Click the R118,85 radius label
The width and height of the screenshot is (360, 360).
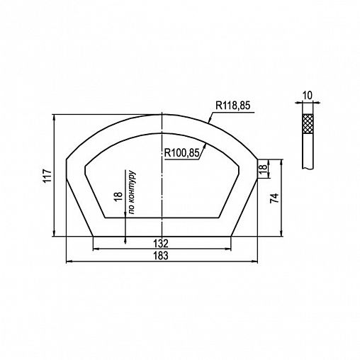tap(232, 106)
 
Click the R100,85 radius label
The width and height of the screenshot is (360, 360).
tap(181, 153)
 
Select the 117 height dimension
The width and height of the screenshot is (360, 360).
tap(47, 176)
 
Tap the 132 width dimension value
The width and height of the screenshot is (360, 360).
tap(161, 243)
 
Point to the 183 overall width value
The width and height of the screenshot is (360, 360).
tap(161, 256)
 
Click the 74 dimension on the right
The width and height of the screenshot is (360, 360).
tap(274, 198)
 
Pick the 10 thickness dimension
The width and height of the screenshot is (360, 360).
tap(308, 96)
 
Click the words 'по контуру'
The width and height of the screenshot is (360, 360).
tap(132, 192)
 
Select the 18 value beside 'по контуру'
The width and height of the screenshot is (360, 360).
tap(118, 196)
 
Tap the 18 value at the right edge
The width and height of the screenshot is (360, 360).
tap(263, 167)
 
